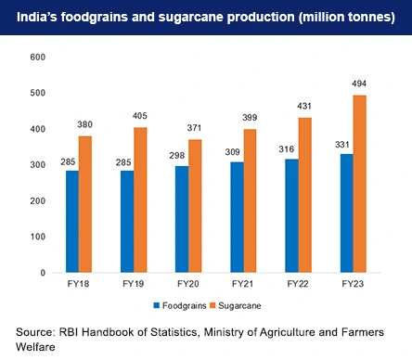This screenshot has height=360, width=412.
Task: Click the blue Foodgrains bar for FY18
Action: (x=72, y=222)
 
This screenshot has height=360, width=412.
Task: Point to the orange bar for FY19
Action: (x=140, y=199)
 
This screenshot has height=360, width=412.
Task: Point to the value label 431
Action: (x=304, y=109)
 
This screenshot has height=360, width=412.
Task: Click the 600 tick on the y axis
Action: (x=37, y=58)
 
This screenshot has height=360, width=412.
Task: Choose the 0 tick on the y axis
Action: (x=43, y=273)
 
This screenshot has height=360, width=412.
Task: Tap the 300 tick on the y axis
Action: (x=37, y=165)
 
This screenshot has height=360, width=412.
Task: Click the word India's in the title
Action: (x=48, y=19)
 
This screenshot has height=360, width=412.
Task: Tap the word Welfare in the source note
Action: (x=38, y=347)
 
